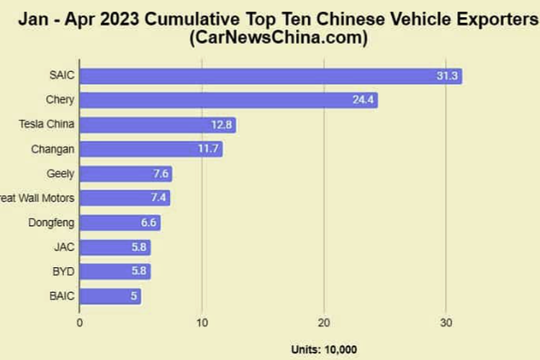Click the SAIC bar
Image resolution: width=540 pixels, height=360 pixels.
coord(270,76)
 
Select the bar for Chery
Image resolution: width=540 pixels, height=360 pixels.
coord(228,101)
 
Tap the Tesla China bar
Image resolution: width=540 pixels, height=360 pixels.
coord(157,125)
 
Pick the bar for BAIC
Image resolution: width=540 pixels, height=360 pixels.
coord(109,296)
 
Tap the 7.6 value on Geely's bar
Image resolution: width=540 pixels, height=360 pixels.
coord(160,174)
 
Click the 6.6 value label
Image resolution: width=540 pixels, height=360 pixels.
coord(148,222)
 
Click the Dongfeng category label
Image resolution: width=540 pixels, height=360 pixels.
coord(51,222)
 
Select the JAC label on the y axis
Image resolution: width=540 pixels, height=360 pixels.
coord(63,247)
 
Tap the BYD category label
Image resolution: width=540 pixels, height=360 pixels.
coord(63,271)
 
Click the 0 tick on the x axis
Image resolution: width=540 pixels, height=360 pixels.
coord(79,322)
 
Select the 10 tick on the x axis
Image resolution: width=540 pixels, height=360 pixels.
coord(202,322)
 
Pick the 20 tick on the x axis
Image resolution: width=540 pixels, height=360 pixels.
coord(324,322)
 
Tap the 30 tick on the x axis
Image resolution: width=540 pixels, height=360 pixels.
coord(446,322)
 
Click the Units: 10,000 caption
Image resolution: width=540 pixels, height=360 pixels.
coord(323,349)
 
